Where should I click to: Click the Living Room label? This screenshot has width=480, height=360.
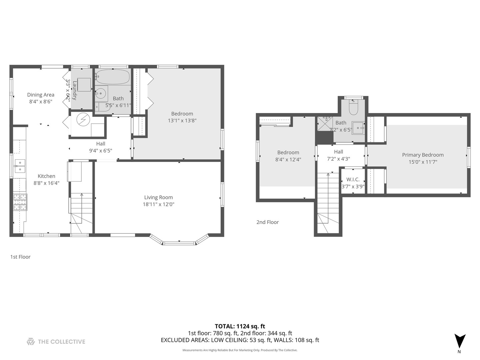click(x=158, y=197)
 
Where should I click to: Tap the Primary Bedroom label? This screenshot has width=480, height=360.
click(x=423, y=155)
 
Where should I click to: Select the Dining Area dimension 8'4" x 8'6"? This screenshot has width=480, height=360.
click(x=41, y=102)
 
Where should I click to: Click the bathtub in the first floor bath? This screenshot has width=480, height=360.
click(x=113, y=77)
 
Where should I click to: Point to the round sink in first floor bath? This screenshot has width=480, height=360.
click(x=101, y=93)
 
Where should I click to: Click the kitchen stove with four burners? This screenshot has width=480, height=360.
click(x=20, y=202)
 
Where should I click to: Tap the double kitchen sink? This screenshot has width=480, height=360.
click(x=20, y=166)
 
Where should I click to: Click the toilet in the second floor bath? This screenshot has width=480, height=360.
click(x=353, y=107)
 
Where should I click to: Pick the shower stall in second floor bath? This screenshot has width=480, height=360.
click(x=324, y=124)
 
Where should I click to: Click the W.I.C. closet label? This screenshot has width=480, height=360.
click(x=353, y=179)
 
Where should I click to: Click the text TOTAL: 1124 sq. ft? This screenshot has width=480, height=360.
click(x=240, y=326)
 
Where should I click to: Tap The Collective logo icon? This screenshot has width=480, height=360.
click(x=31, y=341)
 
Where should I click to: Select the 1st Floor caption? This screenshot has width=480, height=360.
click(x=20, y=257)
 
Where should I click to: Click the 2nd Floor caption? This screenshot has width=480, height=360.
click(x=267, y=222)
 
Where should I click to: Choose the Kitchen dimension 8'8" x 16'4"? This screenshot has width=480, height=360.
click(x=46, y=183)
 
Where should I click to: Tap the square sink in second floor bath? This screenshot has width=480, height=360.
click(x=358, y=128)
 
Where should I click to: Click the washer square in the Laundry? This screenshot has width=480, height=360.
click(x=84, y=85)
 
